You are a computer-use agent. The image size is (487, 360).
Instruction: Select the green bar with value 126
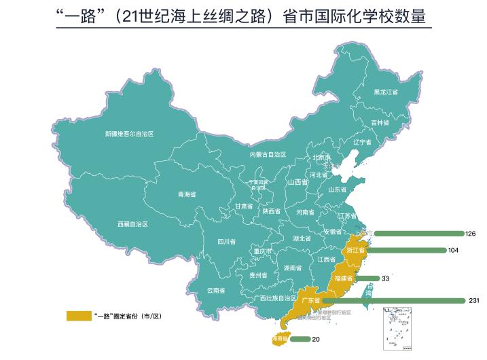pyautogui.click(x=418, y=234)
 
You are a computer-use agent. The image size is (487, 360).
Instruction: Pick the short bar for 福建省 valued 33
pyautogui.click(x=366, y=278)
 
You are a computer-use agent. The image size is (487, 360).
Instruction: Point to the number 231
pyautogui.click(x=474, y=300)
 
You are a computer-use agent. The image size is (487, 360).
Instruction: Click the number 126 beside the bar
pyautogui.click(x=471, y=234)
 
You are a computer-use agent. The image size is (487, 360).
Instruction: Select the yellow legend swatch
pyautogui.click(x=77, y=316)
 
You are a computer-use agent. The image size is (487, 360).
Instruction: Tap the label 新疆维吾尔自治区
pyautogui.click(x=129, y=134)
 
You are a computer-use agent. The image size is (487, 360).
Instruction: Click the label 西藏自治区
pyautogui.click(x=132, y=223)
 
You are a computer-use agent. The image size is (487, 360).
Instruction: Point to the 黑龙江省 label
pyautogui.click(x=386, y=92)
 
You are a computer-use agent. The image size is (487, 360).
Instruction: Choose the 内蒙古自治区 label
pyautogui.click(x=268, y=154)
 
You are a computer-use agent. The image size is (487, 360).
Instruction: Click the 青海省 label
pyautogui.click(x=187, y=194)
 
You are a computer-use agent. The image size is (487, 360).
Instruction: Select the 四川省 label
pyautogui.click(x=226, y=241)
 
